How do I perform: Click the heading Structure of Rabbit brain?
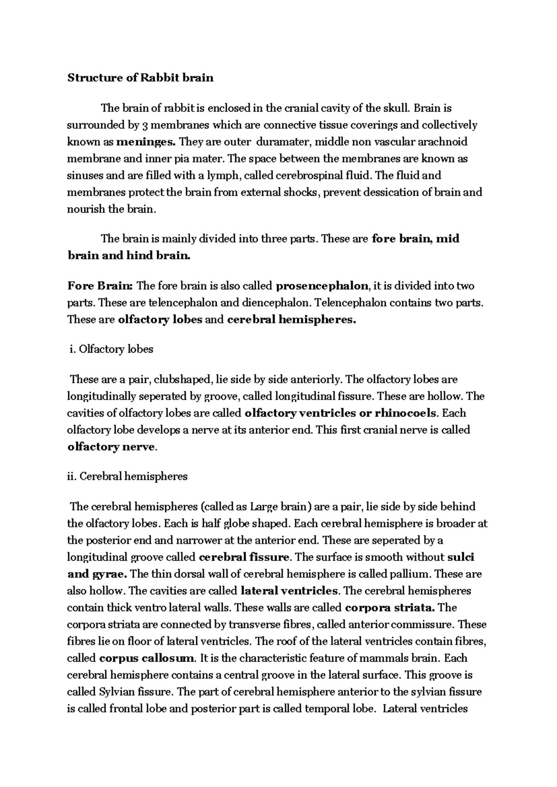(x=141, y=77)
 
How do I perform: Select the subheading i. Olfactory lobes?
(x=110, y=349)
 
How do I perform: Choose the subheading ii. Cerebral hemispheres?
(x=128, y=476)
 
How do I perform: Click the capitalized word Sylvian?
(x=114, y=692)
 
